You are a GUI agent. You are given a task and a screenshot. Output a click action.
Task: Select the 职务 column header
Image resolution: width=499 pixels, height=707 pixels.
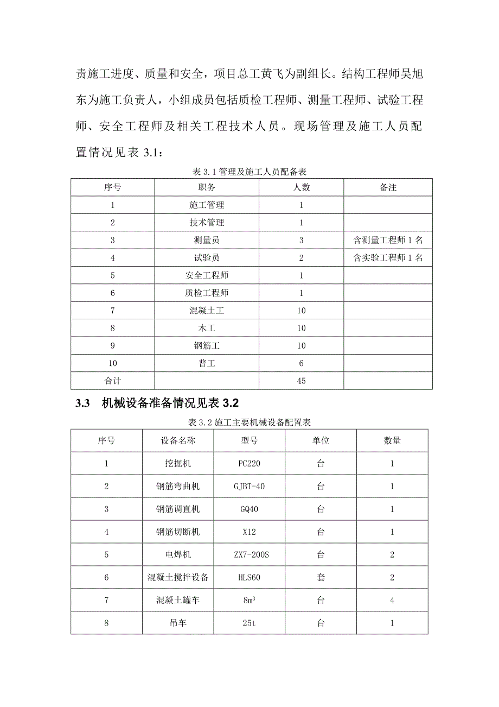click(x=207, y=187)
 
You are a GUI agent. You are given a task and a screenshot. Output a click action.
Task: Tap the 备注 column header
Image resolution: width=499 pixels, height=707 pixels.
click(x=388, y=187)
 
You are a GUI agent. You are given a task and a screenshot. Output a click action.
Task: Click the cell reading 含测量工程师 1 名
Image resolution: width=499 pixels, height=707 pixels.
click(x=388, y=240)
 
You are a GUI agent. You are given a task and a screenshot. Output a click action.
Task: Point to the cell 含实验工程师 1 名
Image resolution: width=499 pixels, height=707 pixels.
click(x=388, y=258)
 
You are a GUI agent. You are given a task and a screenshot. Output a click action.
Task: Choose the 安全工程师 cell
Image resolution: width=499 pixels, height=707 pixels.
click(x=207, y=275)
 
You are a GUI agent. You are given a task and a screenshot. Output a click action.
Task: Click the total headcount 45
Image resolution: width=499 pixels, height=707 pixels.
click(x=302, y=381)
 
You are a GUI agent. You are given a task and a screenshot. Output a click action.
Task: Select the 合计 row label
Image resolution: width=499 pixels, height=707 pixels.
click(x=112, y=381)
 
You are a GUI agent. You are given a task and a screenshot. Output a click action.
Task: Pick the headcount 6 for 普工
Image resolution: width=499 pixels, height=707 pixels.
click(x=302, y=363)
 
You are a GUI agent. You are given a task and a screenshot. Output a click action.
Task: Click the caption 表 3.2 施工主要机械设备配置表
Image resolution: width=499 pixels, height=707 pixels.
click(x=248, y=422)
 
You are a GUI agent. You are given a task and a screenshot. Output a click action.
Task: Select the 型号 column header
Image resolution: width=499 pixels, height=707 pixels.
click(x=249, y=440)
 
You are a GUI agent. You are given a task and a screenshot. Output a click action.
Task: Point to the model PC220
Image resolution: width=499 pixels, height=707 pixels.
click(x=249, y=464)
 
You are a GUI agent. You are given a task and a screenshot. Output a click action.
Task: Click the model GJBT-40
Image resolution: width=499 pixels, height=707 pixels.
click(x=249, y=487)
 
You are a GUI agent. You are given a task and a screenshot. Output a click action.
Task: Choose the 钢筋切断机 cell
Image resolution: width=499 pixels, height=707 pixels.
click(x=178, y=532)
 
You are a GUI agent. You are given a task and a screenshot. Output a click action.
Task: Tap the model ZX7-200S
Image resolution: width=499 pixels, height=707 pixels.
click(x=249, y=555)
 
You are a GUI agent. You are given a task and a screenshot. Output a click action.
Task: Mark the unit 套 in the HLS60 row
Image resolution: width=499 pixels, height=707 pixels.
click(x=321, y=578)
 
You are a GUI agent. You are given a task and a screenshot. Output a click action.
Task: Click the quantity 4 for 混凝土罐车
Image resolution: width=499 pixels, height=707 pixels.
click(x=392, y=601)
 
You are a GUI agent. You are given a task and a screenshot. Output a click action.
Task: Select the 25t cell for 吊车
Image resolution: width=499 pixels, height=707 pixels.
click(x=249, y=623)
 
